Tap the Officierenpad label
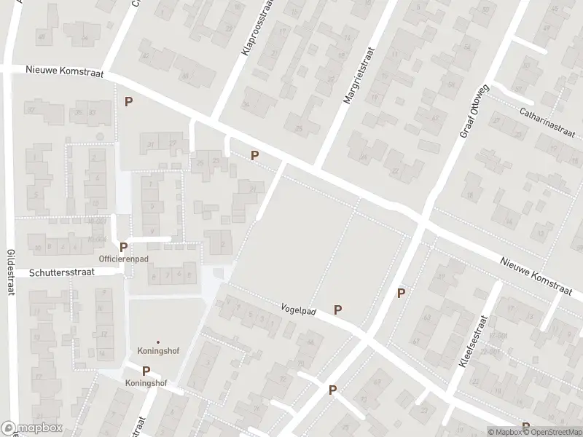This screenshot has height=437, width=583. tap(123, 259)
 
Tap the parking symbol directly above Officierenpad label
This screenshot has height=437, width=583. tap(123, 247)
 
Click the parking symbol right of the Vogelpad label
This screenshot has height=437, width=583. tap(337, 310)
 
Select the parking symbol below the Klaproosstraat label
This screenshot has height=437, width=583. tap(254, 155)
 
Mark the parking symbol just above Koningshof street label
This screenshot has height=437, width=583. tap(146, 371)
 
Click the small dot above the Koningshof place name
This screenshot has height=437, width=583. tap(158, 342)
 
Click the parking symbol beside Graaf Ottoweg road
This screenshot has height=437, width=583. tap(400, 293)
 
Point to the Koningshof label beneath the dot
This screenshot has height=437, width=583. tap(158, 351)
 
